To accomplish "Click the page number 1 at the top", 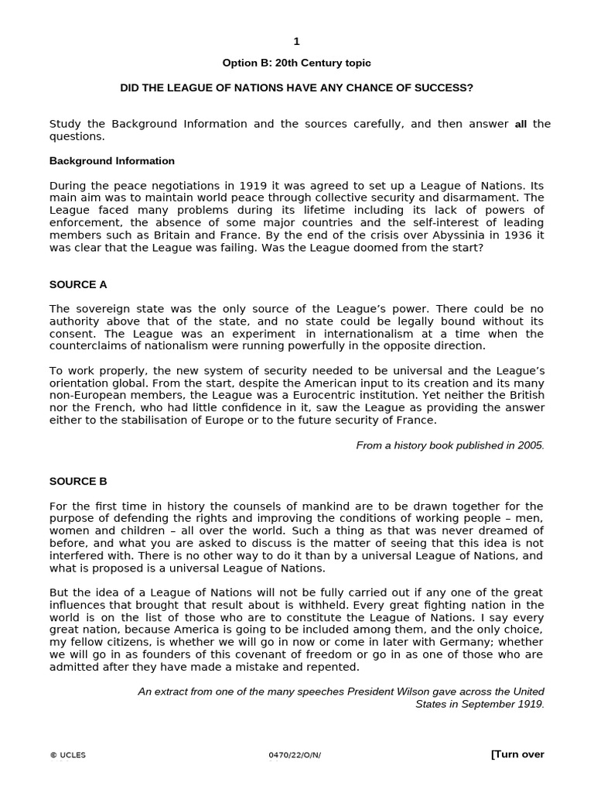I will coord(296,42).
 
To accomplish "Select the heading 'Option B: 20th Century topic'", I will coord(296,63).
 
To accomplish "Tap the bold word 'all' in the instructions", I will coord(521,124).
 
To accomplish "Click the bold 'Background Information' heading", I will coord(112,161).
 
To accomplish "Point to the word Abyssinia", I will coord(442,235).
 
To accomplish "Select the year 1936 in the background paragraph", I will coord(502,235).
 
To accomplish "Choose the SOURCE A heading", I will coord(78,284).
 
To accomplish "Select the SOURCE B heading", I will coord(78,481).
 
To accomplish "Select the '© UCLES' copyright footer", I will coord(68,756).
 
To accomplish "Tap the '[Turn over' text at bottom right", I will coord(517,754).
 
